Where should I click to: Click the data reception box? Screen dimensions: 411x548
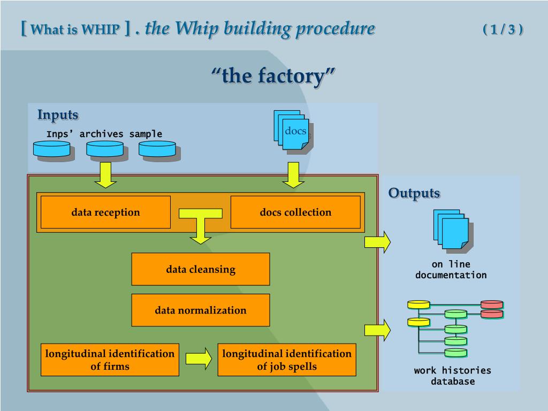tap(105, 212)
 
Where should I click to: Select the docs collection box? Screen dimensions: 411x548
tap(295, 212)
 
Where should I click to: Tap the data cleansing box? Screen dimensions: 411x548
tap(201, 269)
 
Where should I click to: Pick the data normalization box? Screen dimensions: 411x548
tap(201, 310)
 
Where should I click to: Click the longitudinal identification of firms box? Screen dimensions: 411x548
tap(110, 360)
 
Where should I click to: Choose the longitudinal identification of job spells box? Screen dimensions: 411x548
tap(287, 360)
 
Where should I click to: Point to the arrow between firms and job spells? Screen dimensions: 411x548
tap(199, 359)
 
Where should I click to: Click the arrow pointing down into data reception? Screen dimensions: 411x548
tap(105, 175)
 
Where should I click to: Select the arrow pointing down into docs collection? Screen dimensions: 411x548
tap(293, 175)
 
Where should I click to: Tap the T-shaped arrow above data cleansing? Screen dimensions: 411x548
tap(201, 225)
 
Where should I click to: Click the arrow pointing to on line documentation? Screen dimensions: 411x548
tap(377, 242)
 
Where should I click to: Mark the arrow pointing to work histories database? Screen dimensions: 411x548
tap(377, 330)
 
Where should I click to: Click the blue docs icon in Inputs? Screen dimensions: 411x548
tap(292, 132)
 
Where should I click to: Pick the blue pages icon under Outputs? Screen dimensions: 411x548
tap(452, 230)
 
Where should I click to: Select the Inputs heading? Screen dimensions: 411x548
tap(58, 115)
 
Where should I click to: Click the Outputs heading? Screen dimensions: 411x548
tap(414, 193)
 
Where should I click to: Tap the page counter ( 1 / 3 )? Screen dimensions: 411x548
tap(503, 29)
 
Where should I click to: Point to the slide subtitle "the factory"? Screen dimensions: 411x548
tap(273, 76)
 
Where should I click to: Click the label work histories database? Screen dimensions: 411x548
tap(452, 376)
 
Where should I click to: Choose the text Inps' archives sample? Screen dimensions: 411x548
tap(104, 134)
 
